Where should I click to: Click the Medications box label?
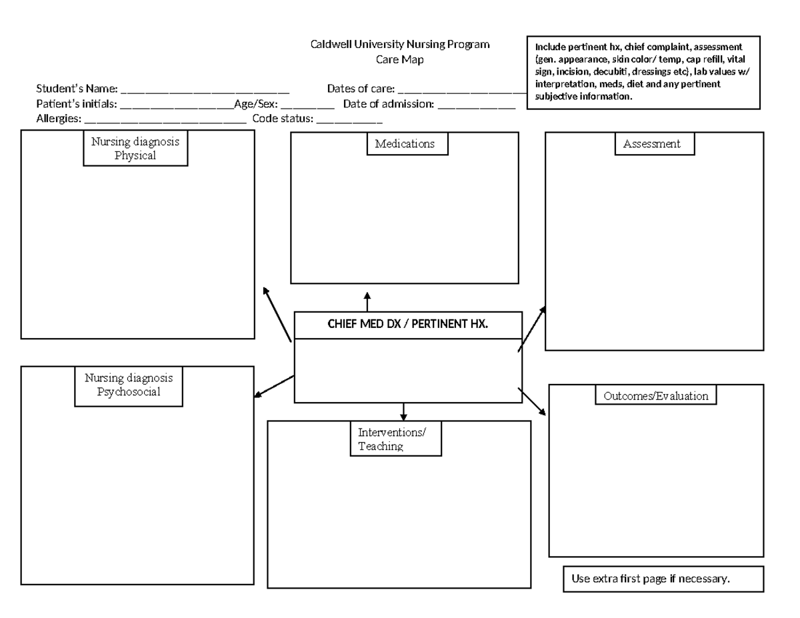point(407,144)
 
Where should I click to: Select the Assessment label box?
point(652,144)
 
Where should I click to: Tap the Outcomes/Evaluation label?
point(656,396)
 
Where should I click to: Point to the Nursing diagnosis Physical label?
point(135,149)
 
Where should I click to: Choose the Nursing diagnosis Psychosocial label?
point(129,385)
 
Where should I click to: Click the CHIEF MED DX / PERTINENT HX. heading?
point(408,325)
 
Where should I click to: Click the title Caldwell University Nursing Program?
point(400,45)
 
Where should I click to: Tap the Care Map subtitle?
point(400,60)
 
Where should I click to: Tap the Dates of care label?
point(361,89)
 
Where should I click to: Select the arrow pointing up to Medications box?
point(367,301)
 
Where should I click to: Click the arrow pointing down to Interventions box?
point(403,411)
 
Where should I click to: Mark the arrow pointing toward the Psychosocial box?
point(274,387)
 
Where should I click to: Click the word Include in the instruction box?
point(549,47)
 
